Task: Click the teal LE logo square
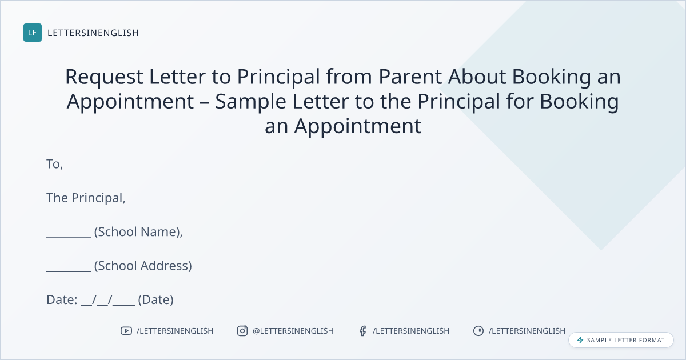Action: pyautogui.click(x=33, y=33)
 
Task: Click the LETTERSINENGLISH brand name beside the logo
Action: pyautogui.click(x=93, y=33)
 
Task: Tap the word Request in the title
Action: pyautogui.click(x=104, y=77)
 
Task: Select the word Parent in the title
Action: pyautogui.click(x=410, y=76)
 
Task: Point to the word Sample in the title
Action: pyautogui.click(x=250, y=102)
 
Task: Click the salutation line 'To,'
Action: pyautogui.click(x=54, y=165)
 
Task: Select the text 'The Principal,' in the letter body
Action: pyautogui.click(x=86, y=198)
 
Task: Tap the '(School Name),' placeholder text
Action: pyautogui.click(x=138, y=232)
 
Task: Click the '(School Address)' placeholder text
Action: pyautogui.click(x=143, y=266)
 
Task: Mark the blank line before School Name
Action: pyautogui.click(x=69, y=237)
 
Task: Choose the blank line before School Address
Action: pyautogui.click(x=69, y=271)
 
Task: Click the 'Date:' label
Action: pyautogui.click(x=62, y=299)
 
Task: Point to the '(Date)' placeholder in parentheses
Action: pyautogui.click(x=156, y=299)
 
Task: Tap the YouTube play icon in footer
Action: pyautogui.click(x=126, y=331)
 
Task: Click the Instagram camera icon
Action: pyautogui.click(x=242, y=331)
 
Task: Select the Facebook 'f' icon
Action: pyautogui.click(x=362, y=331)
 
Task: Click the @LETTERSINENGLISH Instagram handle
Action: pyautogui.click(x=293, y=331)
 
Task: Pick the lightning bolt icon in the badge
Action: pyautogui.click(x=580, y=340)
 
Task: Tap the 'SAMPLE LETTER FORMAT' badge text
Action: pyautogui.click(x=625, y=340)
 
